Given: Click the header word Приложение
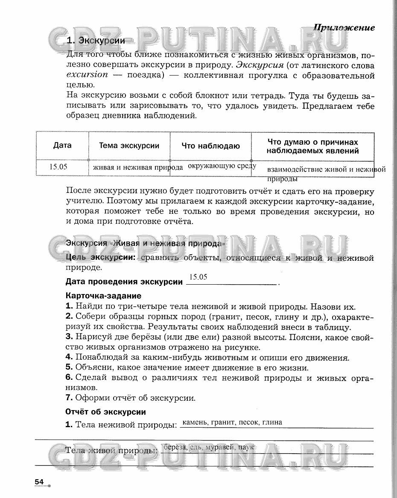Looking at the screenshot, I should [x=344, y=28].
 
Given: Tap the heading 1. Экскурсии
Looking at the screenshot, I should [x=96, y=41].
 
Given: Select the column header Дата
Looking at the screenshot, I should [x=62, y=146].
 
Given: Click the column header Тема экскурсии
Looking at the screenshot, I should [x=129, y=146].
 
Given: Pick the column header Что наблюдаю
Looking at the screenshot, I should [x=210, y=146].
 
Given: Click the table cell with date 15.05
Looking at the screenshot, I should [x=58, y=167].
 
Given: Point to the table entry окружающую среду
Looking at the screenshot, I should [x=222, y=166].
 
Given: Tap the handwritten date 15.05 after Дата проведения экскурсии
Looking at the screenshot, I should [x=198, y=277].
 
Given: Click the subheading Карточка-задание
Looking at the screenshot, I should [x=103, y=296].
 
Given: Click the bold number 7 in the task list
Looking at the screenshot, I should [x=68, y=398].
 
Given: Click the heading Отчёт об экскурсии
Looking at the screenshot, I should [x=105, y=412].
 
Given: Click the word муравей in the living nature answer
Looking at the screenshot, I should [x=220, y=447].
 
